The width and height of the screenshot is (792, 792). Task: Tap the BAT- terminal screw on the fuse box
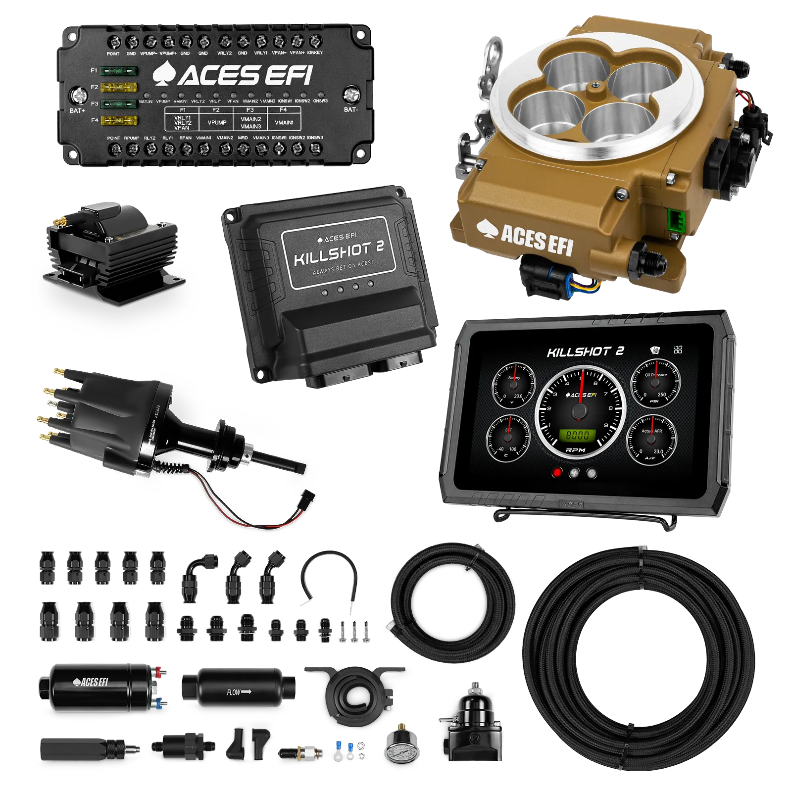tap(351, 93)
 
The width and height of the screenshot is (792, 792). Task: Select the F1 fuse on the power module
tap(119, 71)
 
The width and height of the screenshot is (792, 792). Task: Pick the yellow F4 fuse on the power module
tap(119, 120)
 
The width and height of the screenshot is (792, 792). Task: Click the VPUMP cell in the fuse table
tap(217, 122)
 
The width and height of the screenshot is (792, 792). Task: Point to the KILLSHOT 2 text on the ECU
tap(339, 252)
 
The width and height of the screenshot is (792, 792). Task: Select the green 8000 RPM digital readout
tap(577, 436)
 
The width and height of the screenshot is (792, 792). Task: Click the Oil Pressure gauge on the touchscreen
tap(655, 384)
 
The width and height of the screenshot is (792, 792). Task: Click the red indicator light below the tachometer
tap(557, 472)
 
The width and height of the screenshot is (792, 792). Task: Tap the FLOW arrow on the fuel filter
tap(239, 692)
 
